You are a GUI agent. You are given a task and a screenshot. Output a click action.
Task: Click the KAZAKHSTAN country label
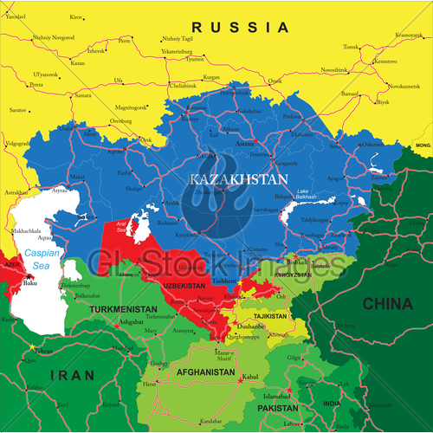click(x=228, y=178)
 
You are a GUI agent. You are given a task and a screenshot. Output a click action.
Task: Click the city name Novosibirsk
click(x=334, y=68)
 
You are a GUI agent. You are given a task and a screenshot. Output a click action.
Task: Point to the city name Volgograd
click(x=18, y=143)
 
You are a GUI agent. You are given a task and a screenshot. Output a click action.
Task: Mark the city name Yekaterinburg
click(x=183, y=51)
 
